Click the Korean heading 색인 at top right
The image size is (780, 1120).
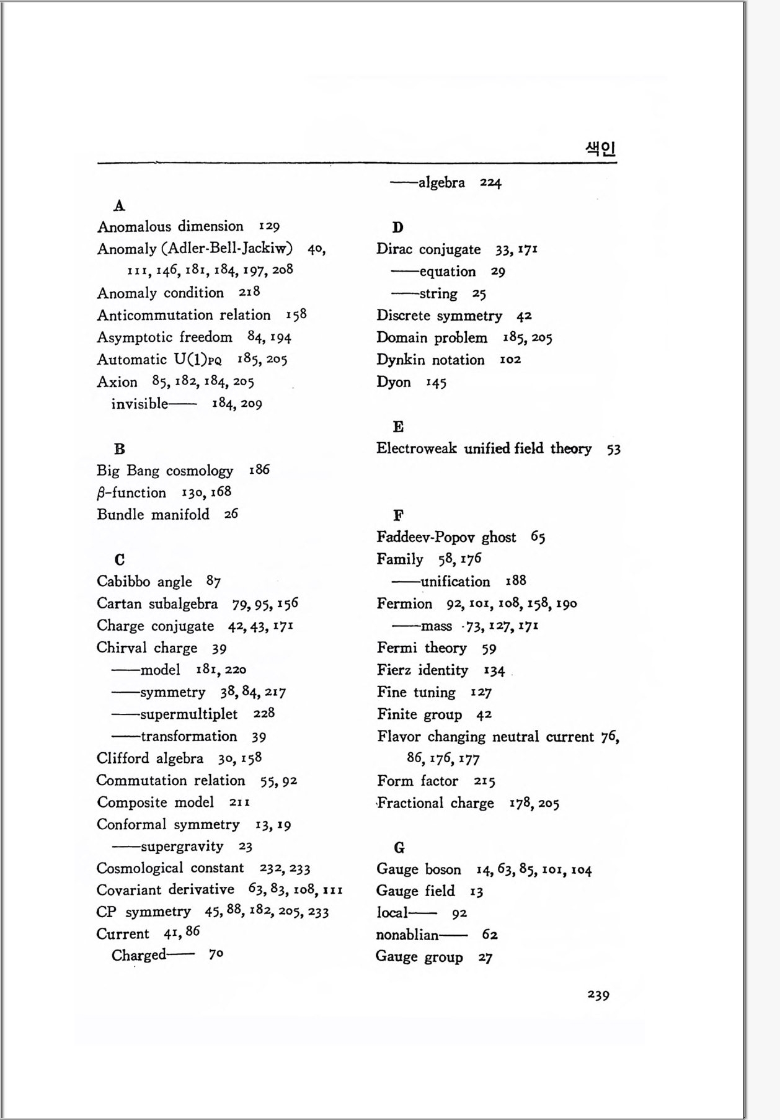pyautogui.click(x=600, y=149)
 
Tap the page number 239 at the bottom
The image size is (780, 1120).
pyautogui.click(x=598, y=995)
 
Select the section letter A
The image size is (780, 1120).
pyautogui.click(x=120, y=205)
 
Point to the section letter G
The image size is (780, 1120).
pyautogui.click(x=399, y=848)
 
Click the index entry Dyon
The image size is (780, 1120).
pyautogui.click(x=393, y=382)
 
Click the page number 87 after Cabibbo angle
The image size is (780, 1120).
pyautogui.click(x=213, y=582)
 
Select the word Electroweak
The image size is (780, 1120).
pyautogui.click(x=416, y=448)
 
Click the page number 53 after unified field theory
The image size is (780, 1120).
pyautogui.click(x=614, y=449)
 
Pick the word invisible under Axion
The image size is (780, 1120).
pyautogui.click(x=140, y=404)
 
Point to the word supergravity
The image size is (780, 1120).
pyautogui.click(x=182, y=847)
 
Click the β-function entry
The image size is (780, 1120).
pyautogui.click(x=131, y=493)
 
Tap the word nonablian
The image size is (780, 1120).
pyautogui.click(x=407, y=935)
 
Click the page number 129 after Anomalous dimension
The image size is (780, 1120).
pyautogui.click(x=269, y=226)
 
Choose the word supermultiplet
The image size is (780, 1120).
pyautogui.click(x=188, y=714)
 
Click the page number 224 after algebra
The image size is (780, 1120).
pyautogui.click(x=490, y=183)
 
